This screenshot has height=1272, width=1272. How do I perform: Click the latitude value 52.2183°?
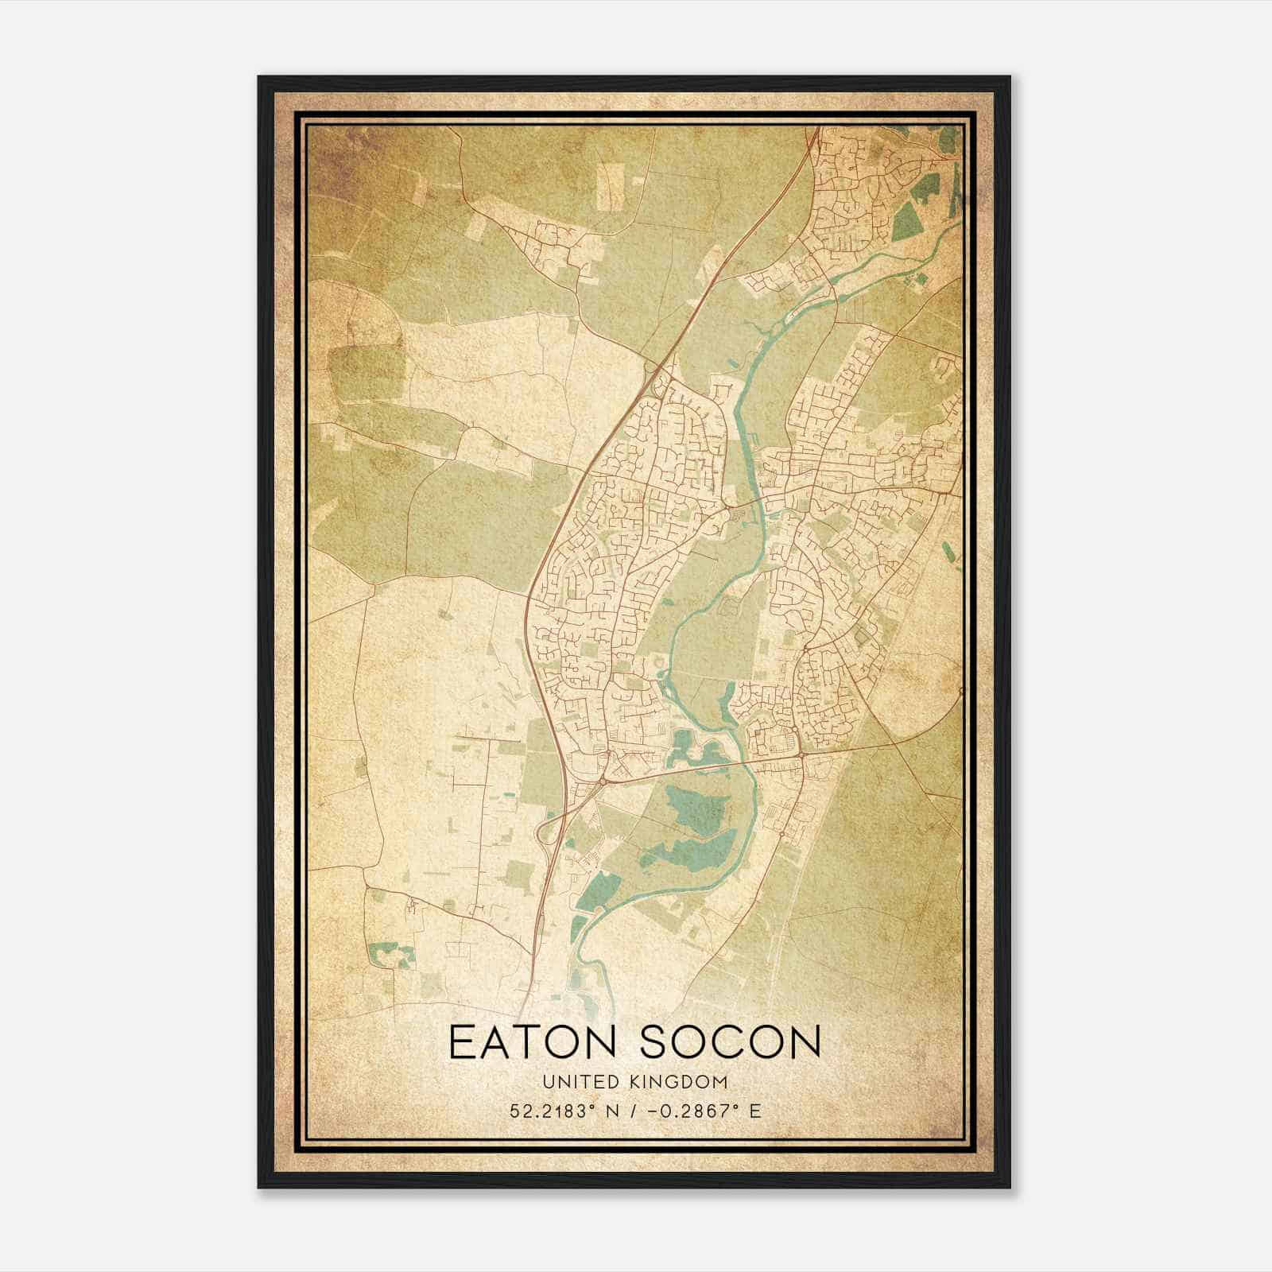click(x=553, y=1111)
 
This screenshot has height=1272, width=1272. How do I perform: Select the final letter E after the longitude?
click(x=755, y=1111)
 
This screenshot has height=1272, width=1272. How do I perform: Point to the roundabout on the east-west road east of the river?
click(x=801, y=754)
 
